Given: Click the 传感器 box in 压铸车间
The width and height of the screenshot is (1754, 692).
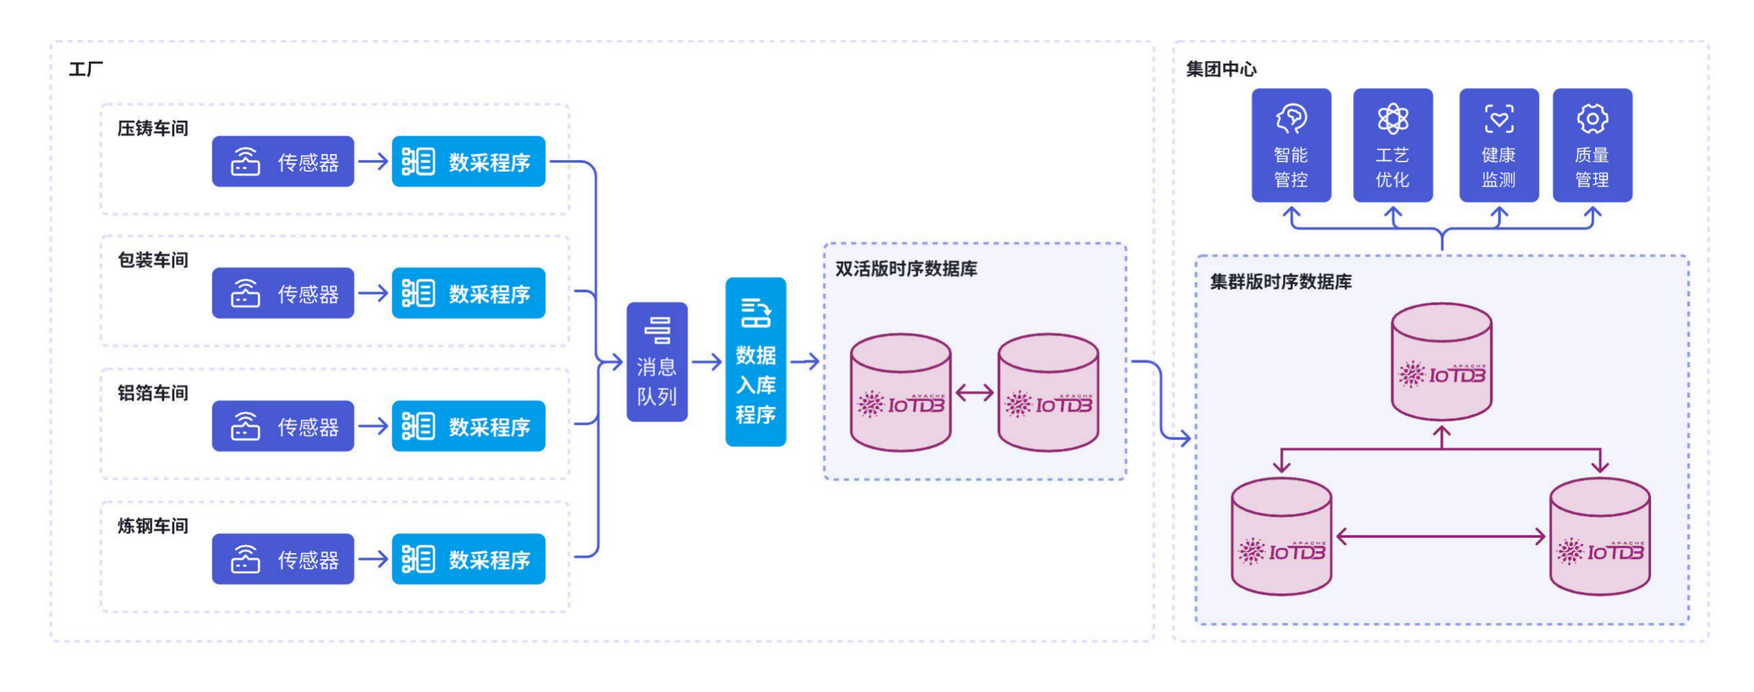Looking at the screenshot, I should tap(283, 162).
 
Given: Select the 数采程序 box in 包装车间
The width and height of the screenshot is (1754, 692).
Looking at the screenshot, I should tap(468, 293).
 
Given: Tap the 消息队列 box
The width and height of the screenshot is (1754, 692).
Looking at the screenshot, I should tap(657, 361).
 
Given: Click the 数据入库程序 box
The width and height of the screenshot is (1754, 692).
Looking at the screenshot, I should tap(755, 361).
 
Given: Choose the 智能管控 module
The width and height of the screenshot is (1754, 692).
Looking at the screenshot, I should tap(1291, 145).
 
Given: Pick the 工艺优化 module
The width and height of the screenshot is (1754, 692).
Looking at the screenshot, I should tap(1393, 145).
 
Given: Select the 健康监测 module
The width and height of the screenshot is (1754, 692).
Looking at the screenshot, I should tap(1499, 145).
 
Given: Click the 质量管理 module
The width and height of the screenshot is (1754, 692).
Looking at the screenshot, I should tap(1592, 145).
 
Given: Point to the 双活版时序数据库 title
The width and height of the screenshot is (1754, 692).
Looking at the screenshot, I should tap(906, 269).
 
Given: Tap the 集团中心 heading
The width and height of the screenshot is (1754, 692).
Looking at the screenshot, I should tap(1221, 69).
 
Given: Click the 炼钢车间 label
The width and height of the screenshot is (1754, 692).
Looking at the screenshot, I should tap(152, 526).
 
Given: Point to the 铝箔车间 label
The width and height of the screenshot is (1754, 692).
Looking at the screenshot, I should tap(152, 393).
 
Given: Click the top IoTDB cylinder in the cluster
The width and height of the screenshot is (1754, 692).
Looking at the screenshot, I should tap(1441, 361).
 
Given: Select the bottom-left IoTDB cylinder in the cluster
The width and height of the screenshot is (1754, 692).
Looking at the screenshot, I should tap(1282, 537).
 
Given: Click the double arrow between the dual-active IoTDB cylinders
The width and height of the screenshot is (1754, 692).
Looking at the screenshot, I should tap(975, 392).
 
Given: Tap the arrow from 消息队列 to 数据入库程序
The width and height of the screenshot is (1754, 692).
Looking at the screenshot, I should tap(707, 361).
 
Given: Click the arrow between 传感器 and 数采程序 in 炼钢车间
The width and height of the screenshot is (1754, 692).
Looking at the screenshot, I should tap(373, 559).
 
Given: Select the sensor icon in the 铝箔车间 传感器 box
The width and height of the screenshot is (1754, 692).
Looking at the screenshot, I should tap(245, 426).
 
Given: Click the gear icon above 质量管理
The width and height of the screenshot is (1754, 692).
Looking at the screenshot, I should tap(1592, 119).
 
